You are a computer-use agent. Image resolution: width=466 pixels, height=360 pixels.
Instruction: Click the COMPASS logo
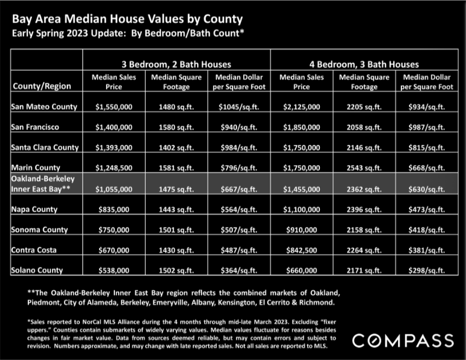(x=403, y=341)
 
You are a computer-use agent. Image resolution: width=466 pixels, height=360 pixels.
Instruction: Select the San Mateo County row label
(x=44, y=107)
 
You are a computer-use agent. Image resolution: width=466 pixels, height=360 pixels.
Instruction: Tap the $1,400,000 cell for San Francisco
(x=114, y=127)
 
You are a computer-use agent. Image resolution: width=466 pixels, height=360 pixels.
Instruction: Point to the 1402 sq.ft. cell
(x=176, y=147)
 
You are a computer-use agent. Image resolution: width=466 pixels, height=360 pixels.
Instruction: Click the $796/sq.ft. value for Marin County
(x=239, y=168)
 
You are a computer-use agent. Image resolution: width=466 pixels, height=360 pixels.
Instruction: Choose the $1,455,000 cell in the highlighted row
(x=302, y=190)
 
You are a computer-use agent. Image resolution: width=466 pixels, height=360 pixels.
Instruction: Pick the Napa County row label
(x=34, y=209)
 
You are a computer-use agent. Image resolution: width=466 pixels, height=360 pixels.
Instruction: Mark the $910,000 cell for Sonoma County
(x=302, y=230)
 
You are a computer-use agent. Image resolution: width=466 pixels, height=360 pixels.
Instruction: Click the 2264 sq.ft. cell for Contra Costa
(x=364, y=250)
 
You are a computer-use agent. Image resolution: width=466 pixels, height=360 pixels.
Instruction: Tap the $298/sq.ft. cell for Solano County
(x=427, y=271)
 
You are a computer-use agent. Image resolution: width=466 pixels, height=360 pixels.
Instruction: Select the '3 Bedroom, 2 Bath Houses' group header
(x=176, y=65)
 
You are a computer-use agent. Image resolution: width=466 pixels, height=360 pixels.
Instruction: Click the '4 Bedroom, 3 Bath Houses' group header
(x=364, y=65)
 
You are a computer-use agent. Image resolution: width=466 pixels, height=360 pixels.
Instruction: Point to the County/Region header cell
(x=42, y=86)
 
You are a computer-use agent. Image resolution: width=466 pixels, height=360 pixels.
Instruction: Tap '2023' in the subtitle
(x=77, y=33)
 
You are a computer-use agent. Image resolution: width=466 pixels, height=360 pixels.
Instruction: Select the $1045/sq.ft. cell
(x=239, y=107)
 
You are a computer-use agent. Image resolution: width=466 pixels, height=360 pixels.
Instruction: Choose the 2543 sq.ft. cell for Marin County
(x=364, y=168)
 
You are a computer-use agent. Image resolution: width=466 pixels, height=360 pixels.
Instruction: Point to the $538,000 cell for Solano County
(x=114, y=271)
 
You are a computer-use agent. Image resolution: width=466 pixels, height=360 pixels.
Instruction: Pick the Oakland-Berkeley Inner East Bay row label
(x=43, y=184)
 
